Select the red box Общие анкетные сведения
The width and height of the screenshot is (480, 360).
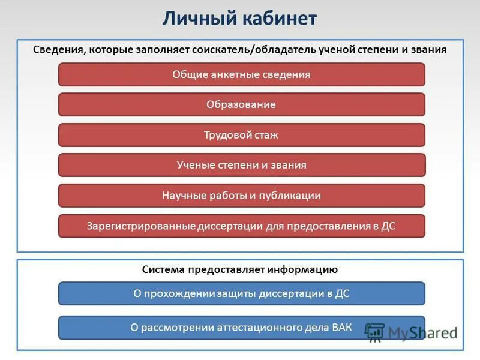click(x=241, y=75)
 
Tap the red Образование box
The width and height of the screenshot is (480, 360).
click(x=241, y=104)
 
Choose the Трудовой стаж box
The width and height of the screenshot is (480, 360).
click(x=241, y=135)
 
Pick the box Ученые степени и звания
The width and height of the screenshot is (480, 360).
click(x=241, y=165)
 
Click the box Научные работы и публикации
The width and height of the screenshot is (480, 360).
click(x=241, y=196)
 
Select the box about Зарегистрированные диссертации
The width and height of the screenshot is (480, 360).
click(x=241, y=226)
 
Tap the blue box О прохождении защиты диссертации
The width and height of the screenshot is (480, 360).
click(x=241, y=294)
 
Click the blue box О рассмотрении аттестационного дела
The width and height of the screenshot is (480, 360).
click(x=241, y=328)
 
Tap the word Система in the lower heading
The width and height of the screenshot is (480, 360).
click(x=163, y=270)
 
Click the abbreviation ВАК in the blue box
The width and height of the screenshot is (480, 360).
click(x=341, y=328)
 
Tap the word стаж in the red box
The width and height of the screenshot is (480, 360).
click(x=266, y=135)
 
